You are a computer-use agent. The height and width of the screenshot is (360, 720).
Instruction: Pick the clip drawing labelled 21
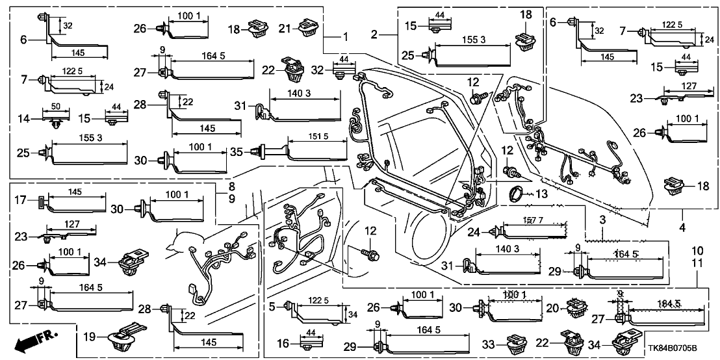click(309, 28)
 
